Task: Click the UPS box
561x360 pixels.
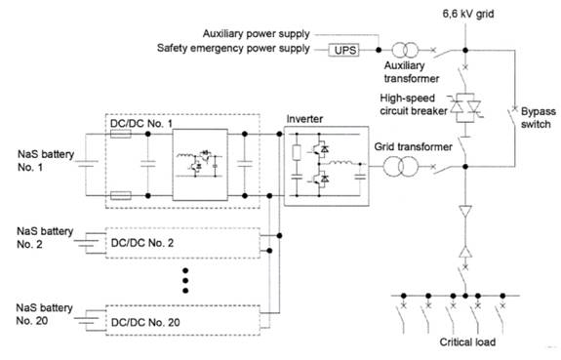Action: tap(343, 50)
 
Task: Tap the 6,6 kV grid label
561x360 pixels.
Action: tap(468, 14)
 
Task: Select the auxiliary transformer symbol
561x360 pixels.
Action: tap(405, 50)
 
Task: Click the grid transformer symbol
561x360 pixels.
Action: tap(400, 167)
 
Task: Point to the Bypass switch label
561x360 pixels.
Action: tap(538, 118)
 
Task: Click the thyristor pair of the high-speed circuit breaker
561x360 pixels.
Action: tap(465, 107)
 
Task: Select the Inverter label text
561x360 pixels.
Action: tap(304, 119)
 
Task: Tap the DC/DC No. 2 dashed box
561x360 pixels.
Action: tap(182, 243)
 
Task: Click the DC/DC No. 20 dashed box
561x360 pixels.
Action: tap(182, 320)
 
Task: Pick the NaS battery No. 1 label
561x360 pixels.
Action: tap(46, 161)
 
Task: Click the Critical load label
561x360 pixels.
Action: tap(467, 342)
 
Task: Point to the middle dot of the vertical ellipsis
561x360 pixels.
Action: tap(185, 281)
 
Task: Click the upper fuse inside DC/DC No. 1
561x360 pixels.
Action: tap(121, 135)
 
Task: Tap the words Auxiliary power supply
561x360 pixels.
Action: tap(256, 34)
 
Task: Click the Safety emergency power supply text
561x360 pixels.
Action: tap(233, 48)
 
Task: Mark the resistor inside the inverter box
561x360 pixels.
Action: tap(297, 152)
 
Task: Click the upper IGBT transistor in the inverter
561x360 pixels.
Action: tap(319, 147)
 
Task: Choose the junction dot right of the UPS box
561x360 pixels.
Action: tap(379, 50)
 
